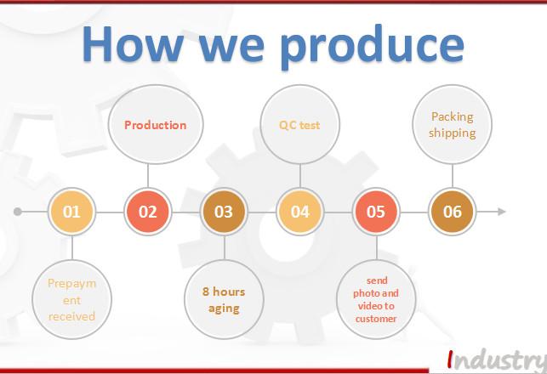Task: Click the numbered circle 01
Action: (71, 212)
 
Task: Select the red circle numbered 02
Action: (147, 212)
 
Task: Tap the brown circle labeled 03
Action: (224, 212)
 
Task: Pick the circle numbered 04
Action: (300, 212)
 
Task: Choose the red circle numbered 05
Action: (376, 212)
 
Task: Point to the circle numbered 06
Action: (452, 212)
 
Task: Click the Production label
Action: (155, 125)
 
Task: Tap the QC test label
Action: (299, 125)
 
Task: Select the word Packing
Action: (452, 117)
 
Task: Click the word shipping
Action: (452, 133)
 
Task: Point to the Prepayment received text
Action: (71, 300)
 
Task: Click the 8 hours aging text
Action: (224, 300)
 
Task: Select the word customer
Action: (376, 319)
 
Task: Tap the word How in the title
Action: (133, 44)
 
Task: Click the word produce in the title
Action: (373, 47)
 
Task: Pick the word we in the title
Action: (231, 48)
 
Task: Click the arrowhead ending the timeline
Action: (502, 212)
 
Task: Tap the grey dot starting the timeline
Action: (18, 212)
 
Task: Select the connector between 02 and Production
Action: (148, 176)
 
